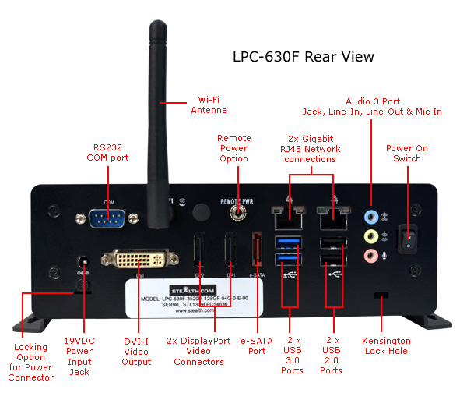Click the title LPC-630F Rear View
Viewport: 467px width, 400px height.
click(304, 57)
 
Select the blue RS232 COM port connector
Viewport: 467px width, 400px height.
click(104, 217)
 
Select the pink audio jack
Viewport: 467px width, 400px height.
click(372, 255)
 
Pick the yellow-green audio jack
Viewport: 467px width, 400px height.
click(372, 235)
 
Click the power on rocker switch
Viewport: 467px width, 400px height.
click(406, 237)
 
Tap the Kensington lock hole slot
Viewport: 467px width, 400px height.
click(381, 296)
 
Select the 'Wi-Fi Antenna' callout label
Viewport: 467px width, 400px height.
click(209, 104)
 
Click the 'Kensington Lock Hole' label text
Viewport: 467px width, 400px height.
click(386, 346)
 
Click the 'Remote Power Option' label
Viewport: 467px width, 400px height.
click(233, 148)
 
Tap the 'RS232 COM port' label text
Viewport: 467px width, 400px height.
click(107, 152)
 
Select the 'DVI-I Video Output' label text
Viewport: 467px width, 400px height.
click(137, 351)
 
